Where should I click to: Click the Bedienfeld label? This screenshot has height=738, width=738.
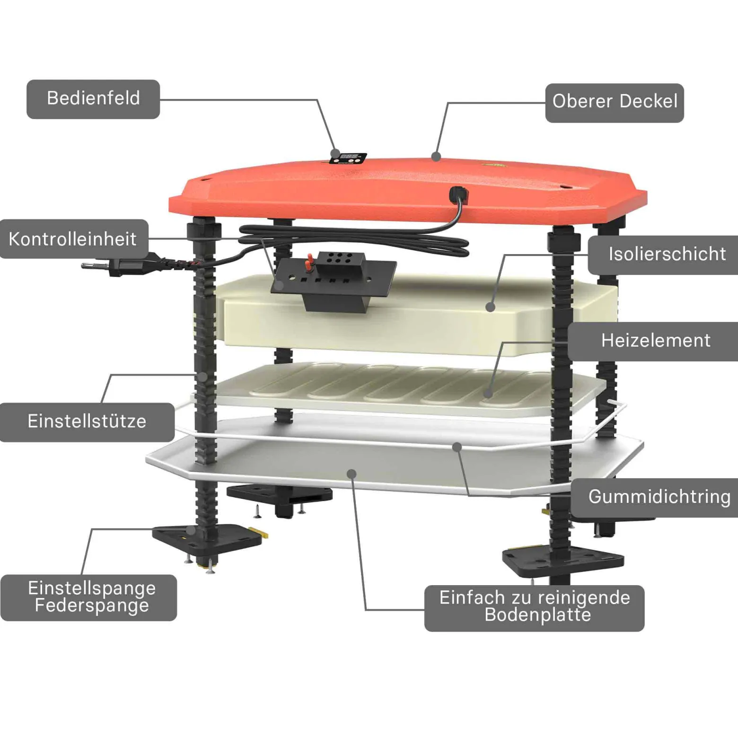point(93,99)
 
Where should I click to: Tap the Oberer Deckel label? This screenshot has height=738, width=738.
point(615,103)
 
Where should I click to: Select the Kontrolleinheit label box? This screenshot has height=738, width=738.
point(73,239)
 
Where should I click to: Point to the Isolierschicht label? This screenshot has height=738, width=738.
point(665,255)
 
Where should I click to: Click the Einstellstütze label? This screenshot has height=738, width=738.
point(87,422)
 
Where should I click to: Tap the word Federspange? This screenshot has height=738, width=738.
point(92,606)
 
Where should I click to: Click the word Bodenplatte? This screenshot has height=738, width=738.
point(538,615)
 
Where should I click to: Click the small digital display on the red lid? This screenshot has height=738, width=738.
point(349,158)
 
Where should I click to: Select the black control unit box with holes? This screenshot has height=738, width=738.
point(334,281)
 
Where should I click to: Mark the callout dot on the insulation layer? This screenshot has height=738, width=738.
point(491,307)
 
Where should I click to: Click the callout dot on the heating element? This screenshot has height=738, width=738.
point(488,393)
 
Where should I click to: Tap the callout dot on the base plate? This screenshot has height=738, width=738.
point(351,474)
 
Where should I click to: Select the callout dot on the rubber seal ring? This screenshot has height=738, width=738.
point(457,447)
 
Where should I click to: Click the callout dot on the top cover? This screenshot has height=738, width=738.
point(436,156)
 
